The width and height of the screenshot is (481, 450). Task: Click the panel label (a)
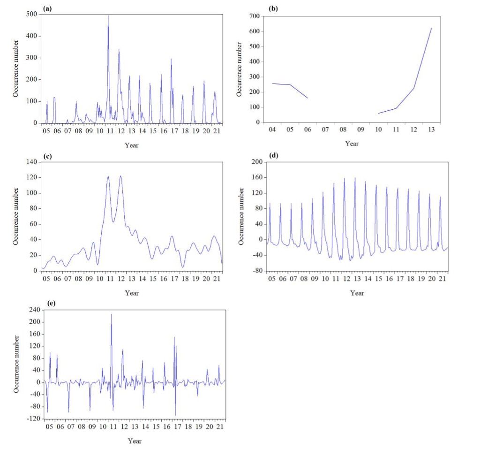46,8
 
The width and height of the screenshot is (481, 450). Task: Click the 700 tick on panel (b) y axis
255,16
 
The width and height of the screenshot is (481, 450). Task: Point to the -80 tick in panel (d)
257,271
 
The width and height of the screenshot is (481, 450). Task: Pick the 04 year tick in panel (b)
271,129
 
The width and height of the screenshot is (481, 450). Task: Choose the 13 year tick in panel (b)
431,129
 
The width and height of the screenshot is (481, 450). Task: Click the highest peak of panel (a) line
108,16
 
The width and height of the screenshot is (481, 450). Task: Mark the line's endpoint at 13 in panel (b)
431,29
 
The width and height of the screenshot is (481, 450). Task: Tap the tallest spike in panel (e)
111,314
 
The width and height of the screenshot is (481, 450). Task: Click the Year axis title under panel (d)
357,293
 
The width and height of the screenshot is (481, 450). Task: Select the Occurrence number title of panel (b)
239,69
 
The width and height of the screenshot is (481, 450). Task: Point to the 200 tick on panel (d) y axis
257,162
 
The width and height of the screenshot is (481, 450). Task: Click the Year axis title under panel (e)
135,441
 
